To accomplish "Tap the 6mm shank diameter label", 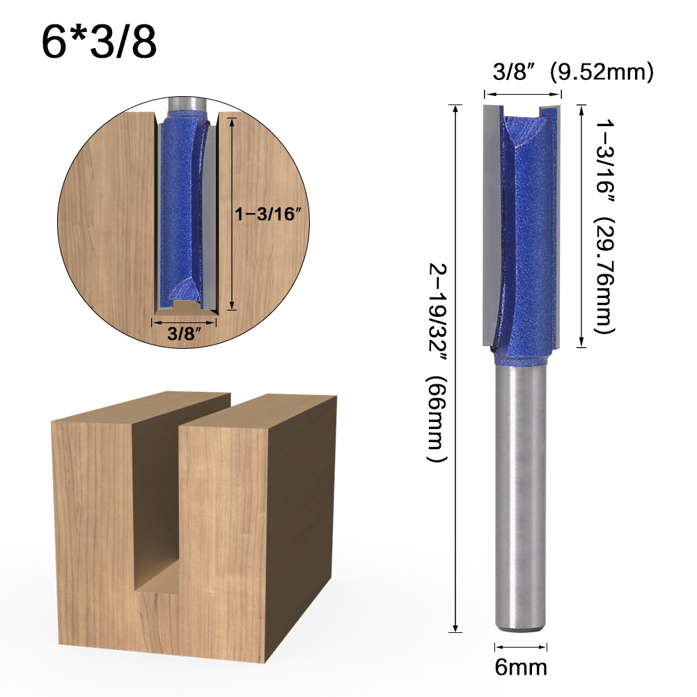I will pyautogui.click(x=521, y=667).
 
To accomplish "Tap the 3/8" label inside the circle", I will pyautogui.click(x=184, y=334).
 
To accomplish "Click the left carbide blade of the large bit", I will pyautogui.click(x=492, y=223).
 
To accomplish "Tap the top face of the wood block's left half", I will pyautogui.click(x=139, y=411).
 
